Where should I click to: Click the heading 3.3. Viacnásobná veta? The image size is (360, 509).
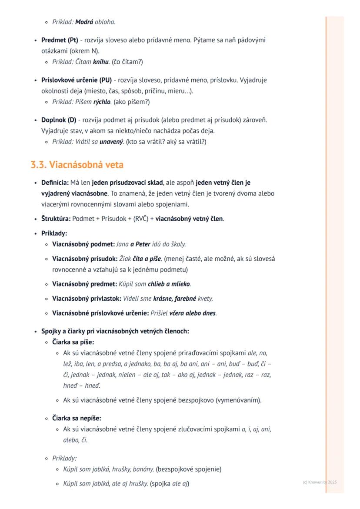(77, 165)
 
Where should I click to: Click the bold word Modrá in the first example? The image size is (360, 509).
(84, 22)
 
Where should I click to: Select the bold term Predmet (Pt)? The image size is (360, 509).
(60, 40)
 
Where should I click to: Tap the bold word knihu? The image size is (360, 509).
(101, 62)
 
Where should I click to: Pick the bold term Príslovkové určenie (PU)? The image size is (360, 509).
(77, 80)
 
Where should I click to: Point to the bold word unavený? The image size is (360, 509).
(111, 142)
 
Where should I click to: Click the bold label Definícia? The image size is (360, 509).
(55, 183)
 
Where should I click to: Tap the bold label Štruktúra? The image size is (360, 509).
(56, 219)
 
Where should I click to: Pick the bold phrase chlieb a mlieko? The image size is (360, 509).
(169, 284)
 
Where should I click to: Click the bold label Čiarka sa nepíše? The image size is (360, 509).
(77, 418)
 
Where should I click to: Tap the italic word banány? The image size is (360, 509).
(143, 469)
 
